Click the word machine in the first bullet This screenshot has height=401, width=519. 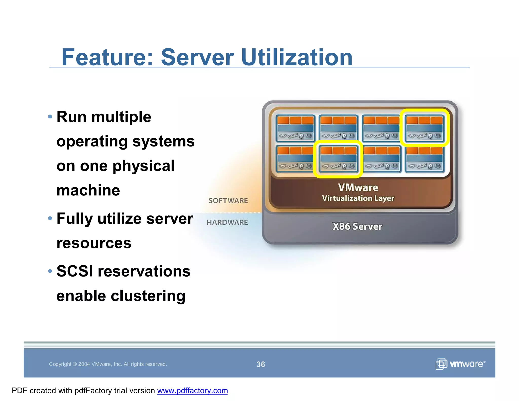88,190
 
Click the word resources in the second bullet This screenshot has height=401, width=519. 94,243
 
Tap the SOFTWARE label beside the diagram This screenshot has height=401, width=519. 228,200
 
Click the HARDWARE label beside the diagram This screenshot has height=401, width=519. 227,222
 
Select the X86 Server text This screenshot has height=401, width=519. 357,226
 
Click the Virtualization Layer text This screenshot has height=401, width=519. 358,198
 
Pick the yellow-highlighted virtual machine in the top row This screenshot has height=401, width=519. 424,128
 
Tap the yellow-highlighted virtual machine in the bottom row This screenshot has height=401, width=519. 338,159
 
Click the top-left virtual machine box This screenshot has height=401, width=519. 295,128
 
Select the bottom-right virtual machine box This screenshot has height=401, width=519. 424,159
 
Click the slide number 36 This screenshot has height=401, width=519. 261,364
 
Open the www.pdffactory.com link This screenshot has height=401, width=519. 192,391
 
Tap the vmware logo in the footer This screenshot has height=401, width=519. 460,364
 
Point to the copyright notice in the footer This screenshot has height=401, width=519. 108,364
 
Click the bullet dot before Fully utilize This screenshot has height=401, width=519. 50,218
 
